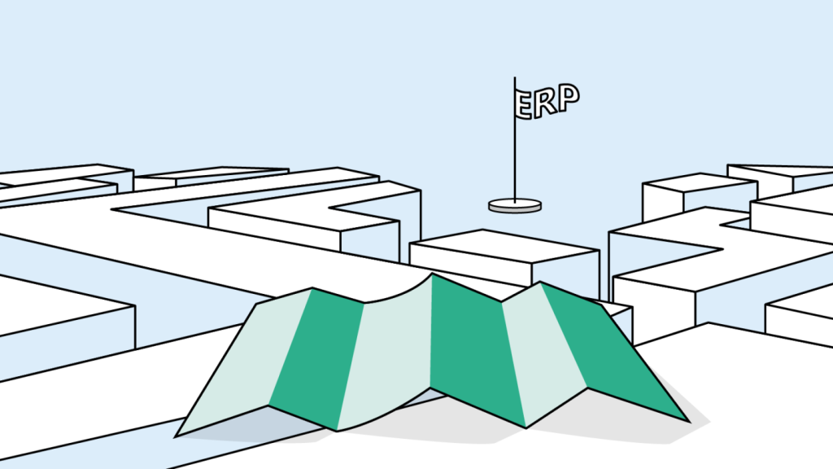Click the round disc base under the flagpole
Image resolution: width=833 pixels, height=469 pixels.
pyautogui.click(x=515, y=205)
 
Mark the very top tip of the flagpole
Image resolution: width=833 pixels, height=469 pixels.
pyautogui.click(x=514, y=78)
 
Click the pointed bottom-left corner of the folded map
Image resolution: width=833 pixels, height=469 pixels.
pyautogui.click(x=177, y=435)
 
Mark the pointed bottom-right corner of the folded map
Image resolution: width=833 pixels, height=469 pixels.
pyautogui.click(x=688, y=421)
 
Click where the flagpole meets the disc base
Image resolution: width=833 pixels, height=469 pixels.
pyautogui.click(x=514, y=200)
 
